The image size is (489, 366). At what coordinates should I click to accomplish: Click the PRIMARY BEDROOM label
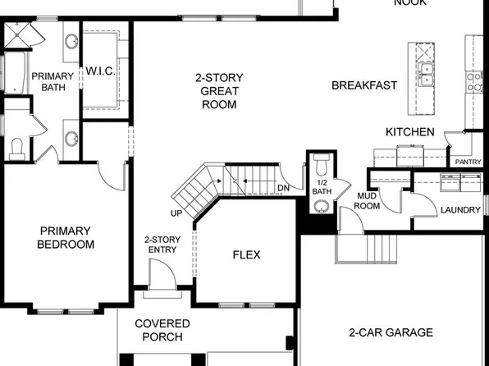click(x=66, y=237)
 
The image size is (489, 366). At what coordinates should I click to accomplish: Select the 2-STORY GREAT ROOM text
click(x=218, y=91)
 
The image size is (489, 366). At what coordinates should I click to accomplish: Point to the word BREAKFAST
click(x=364, y=85)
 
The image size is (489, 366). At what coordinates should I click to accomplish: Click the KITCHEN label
click(x=409, y=132)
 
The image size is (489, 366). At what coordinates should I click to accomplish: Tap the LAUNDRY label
click(x=460, y=210)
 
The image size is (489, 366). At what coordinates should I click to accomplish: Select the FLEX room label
click(x=246, y=255)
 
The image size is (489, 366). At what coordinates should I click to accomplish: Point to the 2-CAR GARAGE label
click(x=391, y=332)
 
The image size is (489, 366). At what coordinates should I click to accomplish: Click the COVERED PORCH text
click(x=162, y=330)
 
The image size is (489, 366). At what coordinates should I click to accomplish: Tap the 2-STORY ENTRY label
click(x=162, y=245)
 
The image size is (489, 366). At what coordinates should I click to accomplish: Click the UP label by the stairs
click(x=176, y=213)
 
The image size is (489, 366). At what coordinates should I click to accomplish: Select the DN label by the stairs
click(x=283, y=189)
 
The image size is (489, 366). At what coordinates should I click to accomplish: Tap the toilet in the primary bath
click(x=17, y=148)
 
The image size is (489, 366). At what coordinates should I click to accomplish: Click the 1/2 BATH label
click(x=321, y=186)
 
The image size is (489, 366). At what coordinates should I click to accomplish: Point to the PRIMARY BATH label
click(x=52, y=81)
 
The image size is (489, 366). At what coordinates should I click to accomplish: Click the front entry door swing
click(x=158, y=273)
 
